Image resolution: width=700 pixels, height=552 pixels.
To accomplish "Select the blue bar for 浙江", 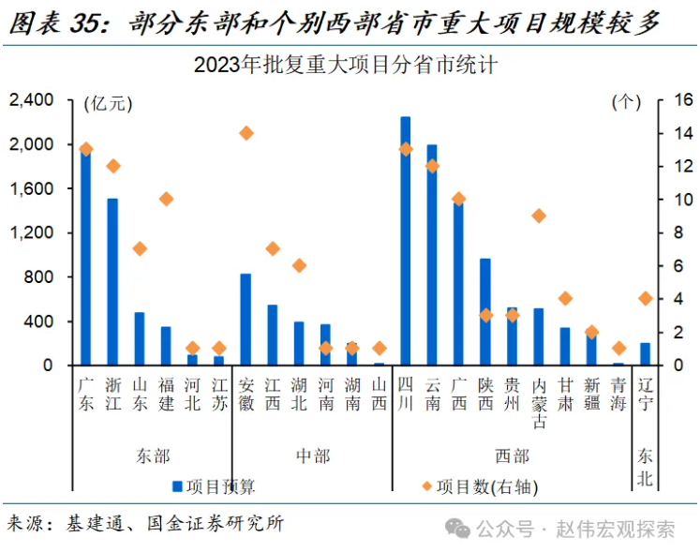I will pyautogui.click(x=112, y=281).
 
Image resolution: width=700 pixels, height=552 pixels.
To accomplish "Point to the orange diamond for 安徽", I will pyautogui.click(x=246, y=133).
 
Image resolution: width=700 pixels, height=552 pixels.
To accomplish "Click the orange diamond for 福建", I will pyautogui.click(x=166, y=199).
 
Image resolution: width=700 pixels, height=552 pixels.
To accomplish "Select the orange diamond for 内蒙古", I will pyautogui.click(x=539, y=216).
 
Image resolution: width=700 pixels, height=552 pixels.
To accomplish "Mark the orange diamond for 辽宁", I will pyautogui.click(x=645, y=298).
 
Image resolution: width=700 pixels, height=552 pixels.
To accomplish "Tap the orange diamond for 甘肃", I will pyautogui.click(x=565, y=298).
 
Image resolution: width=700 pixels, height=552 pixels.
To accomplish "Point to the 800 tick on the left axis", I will pyautogui.click(x=40, y=277).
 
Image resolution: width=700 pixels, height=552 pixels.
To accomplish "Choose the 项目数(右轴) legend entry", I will pyautogui.click(x=480, y=485).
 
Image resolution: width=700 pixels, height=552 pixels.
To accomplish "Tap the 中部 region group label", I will pyautogui.click(x=312, y=455).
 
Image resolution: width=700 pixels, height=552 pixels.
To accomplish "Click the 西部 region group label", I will pyautogui.click(x=512, y=455).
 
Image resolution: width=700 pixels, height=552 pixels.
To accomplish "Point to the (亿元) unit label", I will pyautogui.click(x=109, y=102).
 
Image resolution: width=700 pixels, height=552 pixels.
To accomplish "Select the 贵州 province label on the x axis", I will pyautogui.click(x=512, y=393).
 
